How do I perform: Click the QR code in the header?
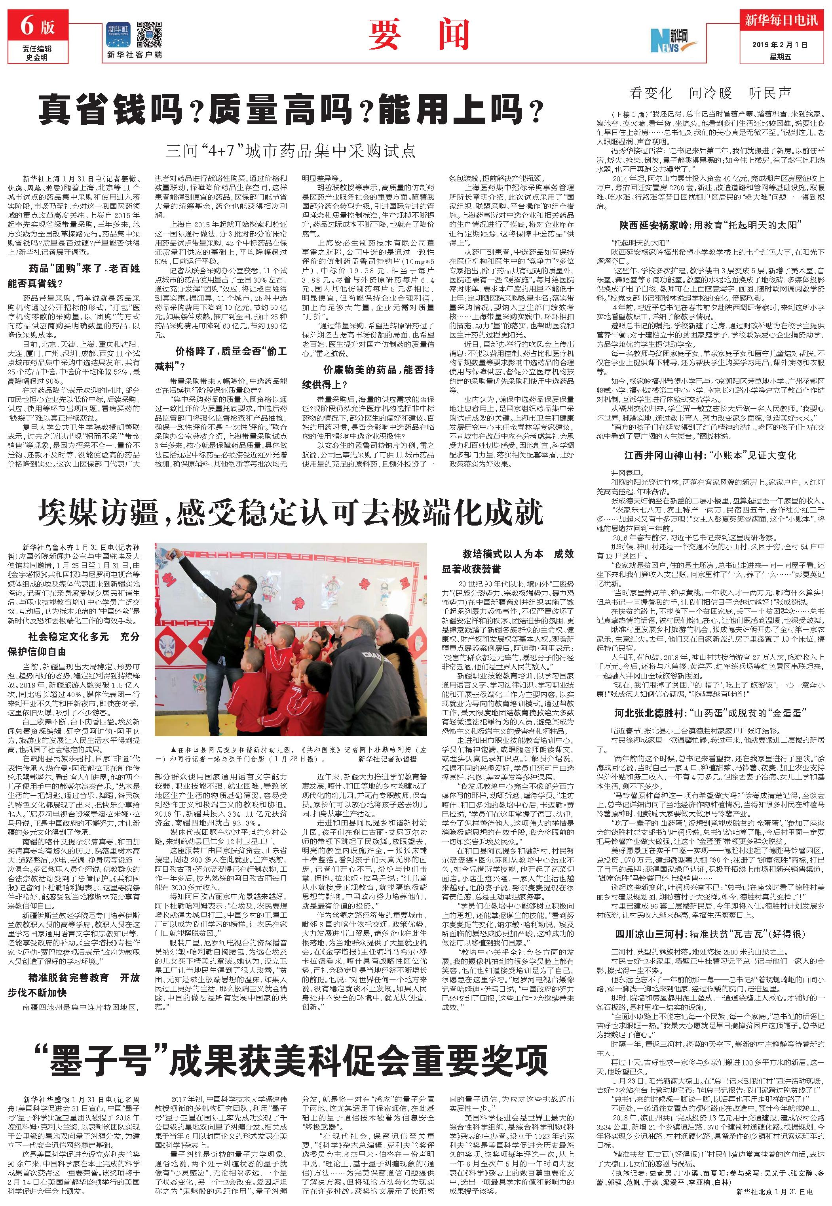point(149,35)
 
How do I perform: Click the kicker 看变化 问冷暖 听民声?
point(710,93)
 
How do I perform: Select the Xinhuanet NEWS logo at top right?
point(670,38)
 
